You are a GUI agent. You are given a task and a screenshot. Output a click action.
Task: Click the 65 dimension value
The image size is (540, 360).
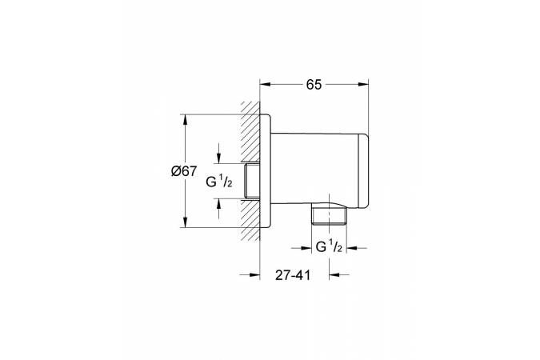[x=314, y=85]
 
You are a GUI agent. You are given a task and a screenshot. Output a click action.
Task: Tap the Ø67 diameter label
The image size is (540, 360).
[x=184, y=171]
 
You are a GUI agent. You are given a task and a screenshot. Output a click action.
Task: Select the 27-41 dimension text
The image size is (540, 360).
[x=293, y=275]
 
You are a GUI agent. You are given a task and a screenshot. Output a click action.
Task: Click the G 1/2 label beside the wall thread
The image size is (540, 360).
[x=219, y=182]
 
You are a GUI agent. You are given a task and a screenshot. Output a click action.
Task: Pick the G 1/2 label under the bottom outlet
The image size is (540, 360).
[x=329, y=246]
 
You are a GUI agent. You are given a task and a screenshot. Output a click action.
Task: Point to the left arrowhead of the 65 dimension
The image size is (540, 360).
[x=265, y=85]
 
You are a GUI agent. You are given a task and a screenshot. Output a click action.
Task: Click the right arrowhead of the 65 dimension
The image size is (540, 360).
[x=363, y=85]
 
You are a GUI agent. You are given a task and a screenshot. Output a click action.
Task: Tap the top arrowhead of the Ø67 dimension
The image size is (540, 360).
[x=186, y=119]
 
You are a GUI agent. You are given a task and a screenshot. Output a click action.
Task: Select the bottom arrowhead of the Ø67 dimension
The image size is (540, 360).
[x=186, y=222]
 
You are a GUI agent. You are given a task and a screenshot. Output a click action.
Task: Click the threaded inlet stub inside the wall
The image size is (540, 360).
[x=252, y=181]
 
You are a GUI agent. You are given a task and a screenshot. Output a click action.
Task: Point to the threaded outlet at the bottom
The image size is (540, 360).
[x=329, y=216]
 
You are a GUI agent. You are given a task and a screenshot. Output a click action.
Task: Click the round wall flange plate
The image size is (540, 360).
[x=265, y=170]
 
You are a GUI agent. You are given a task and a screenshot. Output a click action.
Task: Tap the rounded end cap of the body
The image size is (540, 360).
[x=364, y=170]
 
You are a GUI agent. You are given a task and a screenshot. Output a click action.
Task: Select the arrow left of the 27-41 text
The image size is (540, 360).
[x=250, y=274]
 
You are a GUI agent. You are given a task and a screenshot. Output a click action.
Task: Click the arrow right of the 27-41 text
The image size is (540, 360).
[x=339, y=274]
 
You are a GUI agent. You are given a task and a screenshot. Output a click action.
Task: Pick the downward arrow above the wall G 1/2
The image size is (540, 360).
[x=219, y=154]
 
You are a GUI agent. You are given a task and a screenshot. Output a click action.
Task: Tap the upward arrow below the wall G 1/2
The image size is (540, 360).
[x=219, y=209]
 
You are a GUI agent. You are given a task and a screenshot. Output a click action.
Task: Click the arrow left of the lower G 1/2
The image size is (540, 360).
[x=302, y=248]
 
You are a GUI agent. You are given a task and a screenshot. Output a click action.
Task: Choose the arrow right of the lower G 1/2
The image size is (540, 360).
[x=357, y=248]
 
